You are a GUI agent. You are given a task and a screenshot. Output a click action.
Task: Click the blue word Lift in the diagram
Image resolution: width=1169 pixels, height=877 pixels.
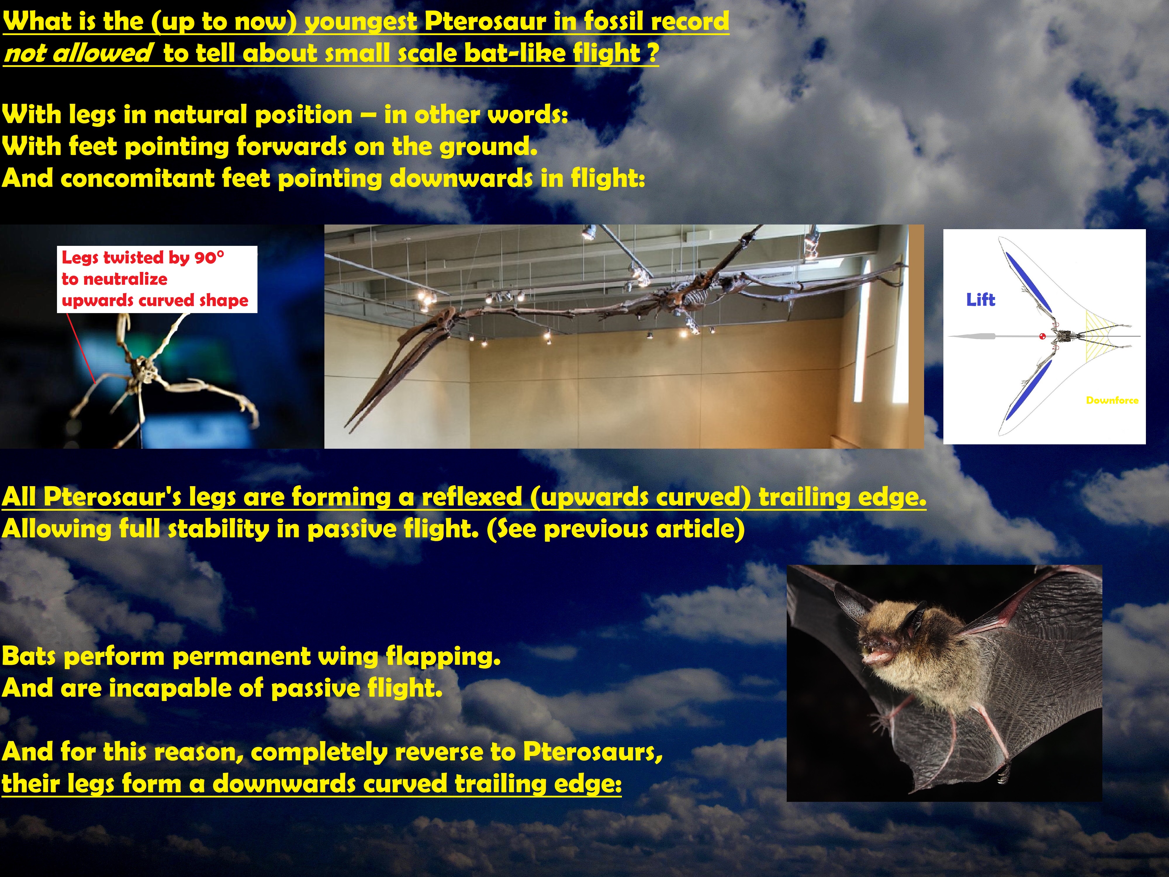pyautogui.click(x=980, y=300)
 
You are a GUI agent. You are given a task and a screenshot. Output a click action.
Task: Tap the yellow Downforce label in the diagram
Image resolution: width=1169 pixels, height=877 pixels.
pyautogui.click(x=1112, y=400)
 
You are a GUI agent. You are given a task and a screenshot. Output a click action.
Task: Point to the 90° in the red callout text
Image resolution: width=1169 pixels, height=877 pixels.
pyautogui.click(x=209, y=258)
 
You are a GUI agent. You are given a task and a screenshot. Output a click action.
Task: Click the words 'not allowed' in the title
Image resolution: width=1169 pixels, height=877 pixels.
pyautogui.click(x=78, y=53)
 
